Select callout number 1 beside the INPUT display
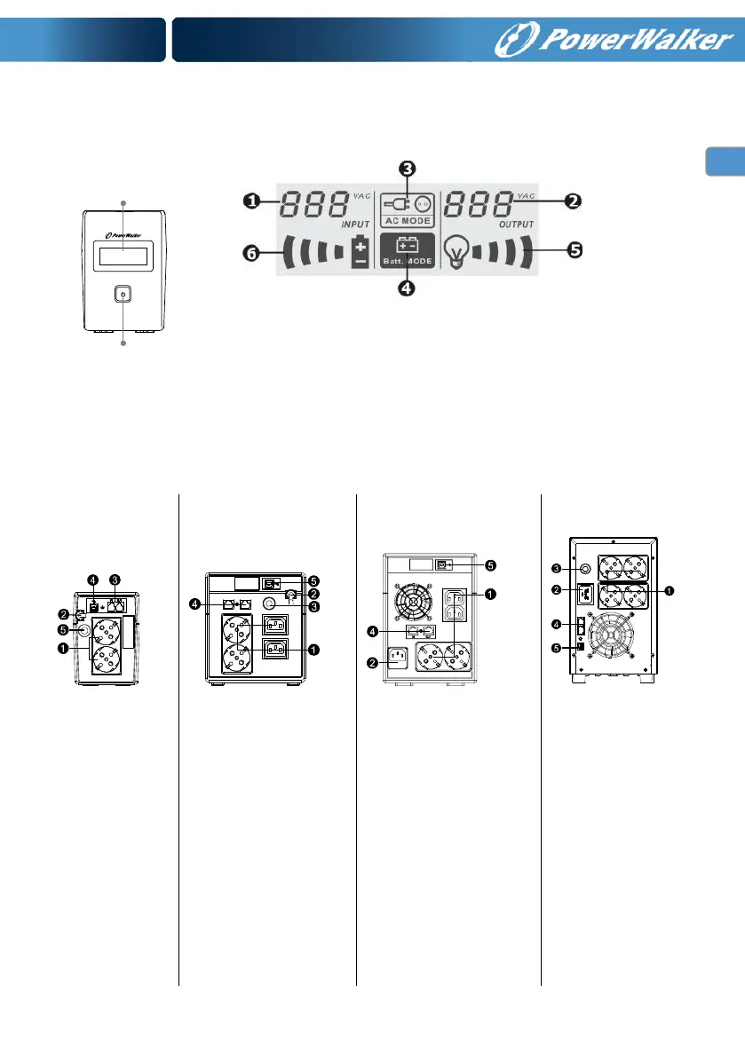254,201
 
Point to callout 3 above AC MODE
405,169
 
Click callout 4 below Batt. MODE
406,289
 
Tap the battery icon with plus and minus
360,252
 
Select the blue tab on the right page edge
725,162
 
